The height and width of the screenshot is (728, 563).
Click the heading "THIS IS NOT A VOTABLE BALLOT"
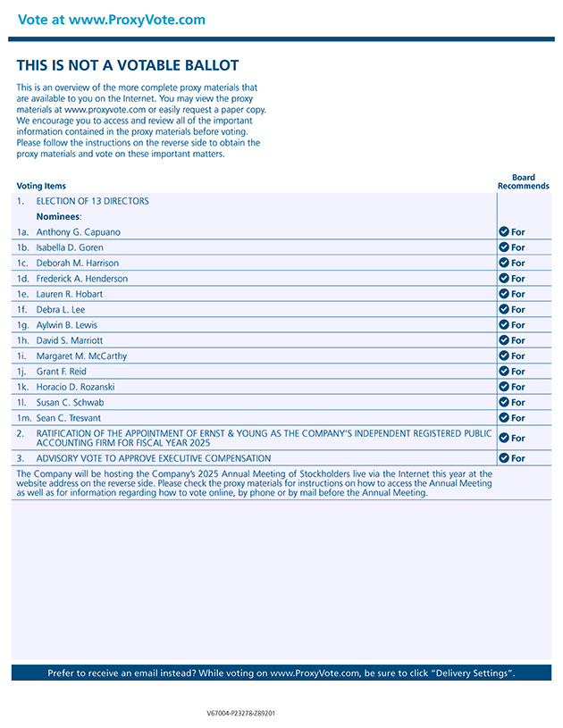point(128,65)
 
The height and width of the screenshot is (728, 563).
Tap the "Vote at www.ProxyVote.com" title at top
point(111,20)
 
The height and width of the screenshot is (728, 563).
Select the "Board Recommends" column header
point(523,182)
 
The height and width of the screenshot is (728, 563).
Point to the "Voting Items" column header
point(41,186)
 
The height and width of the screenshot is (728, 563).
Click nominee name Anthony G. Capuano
point(78,232)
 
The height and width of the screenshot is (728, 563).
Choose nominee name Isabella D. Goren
point(70,247)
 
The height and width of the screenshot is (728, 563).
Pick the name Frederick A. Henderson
point(81,279)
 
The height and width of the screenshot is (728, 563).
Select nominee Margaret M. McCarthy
point(81,356)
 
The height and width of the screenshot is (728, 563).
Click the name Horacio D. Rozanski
point(75,387)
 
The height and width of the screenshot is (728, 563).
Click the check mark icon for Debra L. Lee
point(504,309)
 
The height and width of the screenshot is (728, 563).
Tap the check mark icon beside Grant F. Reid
point(504,371)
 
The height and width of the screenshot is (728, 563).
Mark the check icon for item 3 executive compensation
point(504,458)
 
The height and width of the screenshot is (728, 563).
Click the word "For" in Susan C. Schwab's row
point(518,403)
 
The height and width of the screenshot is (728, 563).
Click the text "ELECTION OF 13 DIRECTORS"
point(92,201)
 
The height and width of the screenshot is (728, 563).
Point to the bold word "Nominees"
point(58,216)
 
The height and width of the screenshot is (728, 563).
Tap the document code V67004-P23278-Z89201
point(240,714)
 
